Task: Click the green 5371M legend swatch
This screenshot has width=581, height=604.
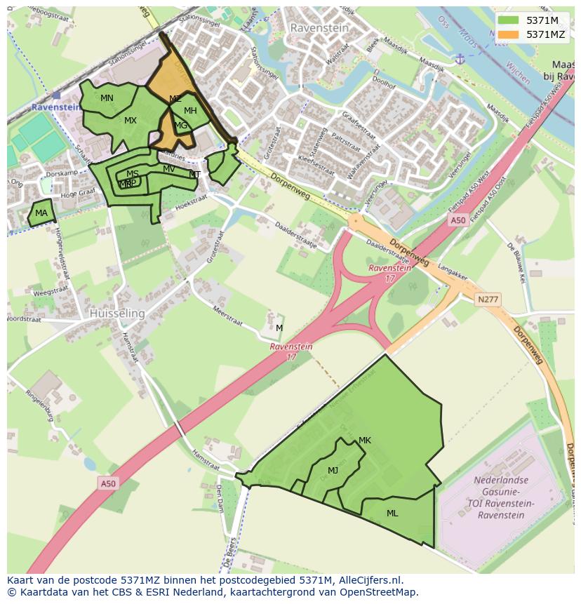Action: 509,20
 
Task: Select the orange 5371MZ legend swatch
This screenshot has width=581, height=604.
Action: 509,34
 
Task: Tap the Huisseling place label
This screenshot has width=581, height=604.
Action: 116,314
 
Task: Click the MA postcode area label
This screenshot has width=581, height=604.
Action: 41,213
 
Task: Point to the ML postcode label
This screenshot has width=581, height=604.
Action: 392,514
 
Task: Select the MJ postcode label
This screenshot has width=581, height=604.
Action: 333,471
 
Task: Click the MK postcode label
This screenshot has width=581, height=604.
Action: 364,441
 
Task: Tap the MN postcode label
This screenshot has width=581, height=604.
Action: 107,98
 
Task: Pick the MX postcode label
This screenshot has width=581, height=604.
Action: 131,121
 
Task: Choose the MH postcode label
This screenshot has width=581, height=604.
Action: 190,111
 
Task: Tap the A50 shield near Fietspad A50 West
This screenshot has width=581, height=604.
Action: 458,220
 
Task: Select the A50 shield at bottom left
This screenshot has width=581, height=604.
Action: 107,483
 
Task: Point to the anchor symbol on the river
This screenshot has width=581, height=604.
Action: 460,58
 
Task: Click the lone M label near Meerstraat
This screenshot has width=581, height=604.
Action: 279,328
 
